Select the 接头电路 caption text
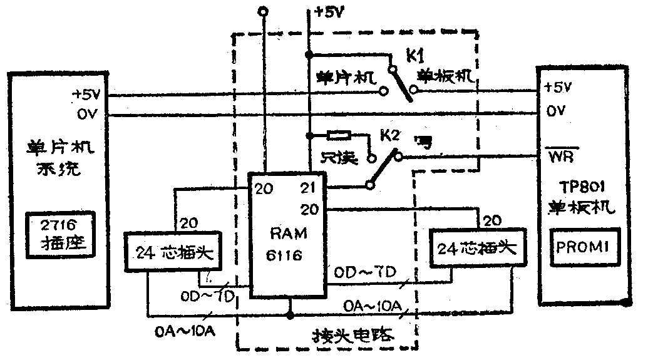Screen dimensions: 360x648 point(354,334)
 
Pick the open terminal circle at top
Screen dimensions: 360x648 point(263,11)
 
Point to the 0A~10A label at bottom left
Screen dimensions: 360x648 point(185,331)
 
